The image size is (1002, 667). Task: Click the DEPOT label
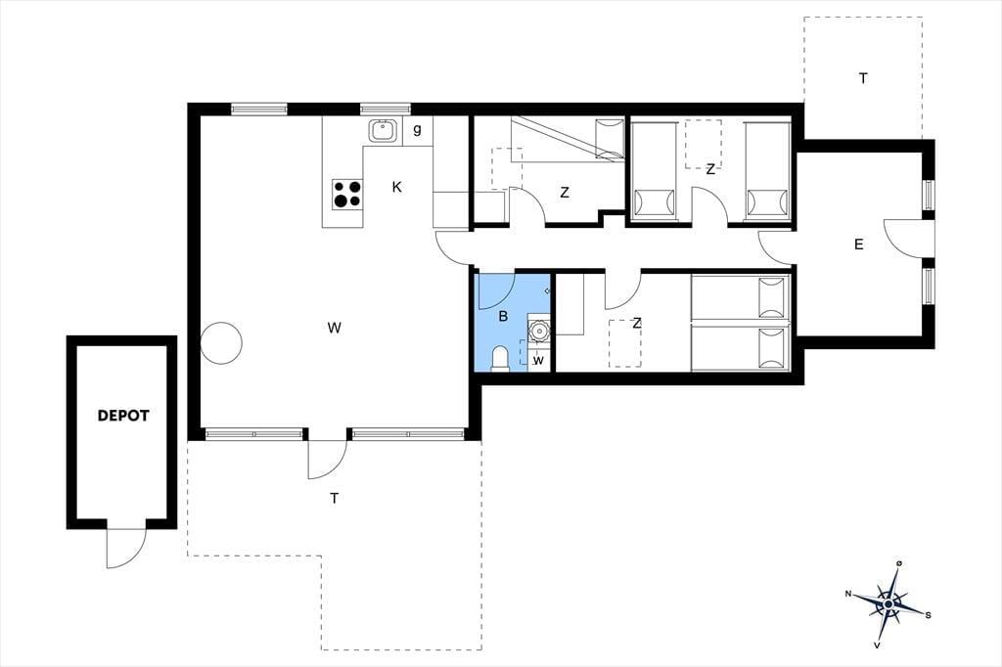point(122,416)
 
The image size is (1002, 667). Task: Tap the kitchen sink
point(384,131)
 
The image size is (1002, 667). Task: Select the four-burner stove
point(347,195)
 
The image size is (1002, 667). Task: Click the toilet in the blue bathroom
point(499,358)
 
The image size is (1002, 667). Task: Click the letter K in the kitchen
point(397,187)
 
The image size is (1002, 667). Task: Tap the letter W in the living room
point(334,329)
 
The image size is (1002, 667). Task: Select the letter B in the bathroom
point(503,316)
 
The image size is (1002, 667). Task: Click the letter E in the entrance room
point(858,245)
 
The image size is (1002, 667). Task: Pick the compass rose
point(888,603)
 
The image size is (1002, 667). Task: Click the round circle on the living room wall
point(221,343)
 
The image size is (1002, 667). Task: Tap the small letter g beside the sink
point(417,130)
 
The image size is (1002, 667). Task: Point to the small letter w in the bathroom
point(539,361)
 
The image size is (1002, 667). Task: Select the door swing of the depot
point(124,548)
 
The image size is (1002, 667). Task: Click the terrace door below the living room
point(327,459)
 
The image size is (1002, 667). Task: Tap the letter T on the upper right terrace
point(863,78)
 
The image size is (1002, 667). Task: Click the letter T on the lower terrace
point(335,499)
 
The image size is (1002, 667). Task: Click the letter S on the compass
point(928,615)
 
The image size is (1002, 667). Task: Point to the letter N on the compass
point(848,595)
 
